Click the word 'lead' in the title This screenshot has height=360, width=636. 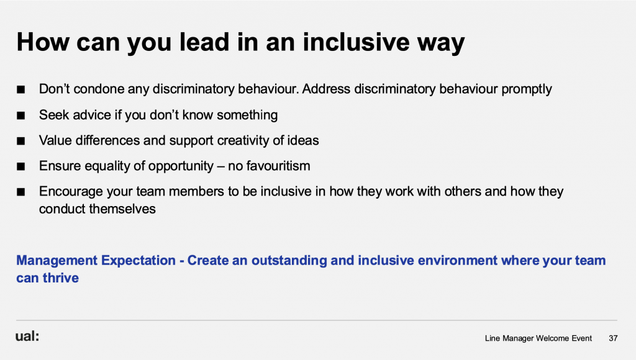coord(204,42)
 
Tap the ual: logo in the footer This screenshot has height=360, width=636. coord(27,336)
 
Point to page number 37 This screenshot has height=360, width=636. coord(613,338)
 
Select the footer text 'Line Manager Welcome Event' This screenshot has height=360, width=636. coord(538,338)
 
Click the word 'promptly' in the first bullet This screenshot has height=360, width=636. coord(527,89)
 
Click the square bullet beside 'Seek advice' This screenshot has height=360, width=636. coord(20,115)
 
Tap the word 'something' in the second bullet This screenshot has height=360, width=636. coord(247,115)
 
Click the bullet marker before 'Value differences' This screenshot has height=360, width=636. coord(20,141)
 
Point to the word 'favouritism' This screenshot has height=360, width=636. coord(278,166)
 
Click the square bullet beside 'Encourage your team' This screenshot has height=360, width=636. coord(20,192)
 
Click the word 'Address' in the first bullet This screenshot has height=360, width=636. coord(326,89)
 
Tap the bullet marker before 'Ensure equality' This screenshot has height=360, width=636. coord(20,166)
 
